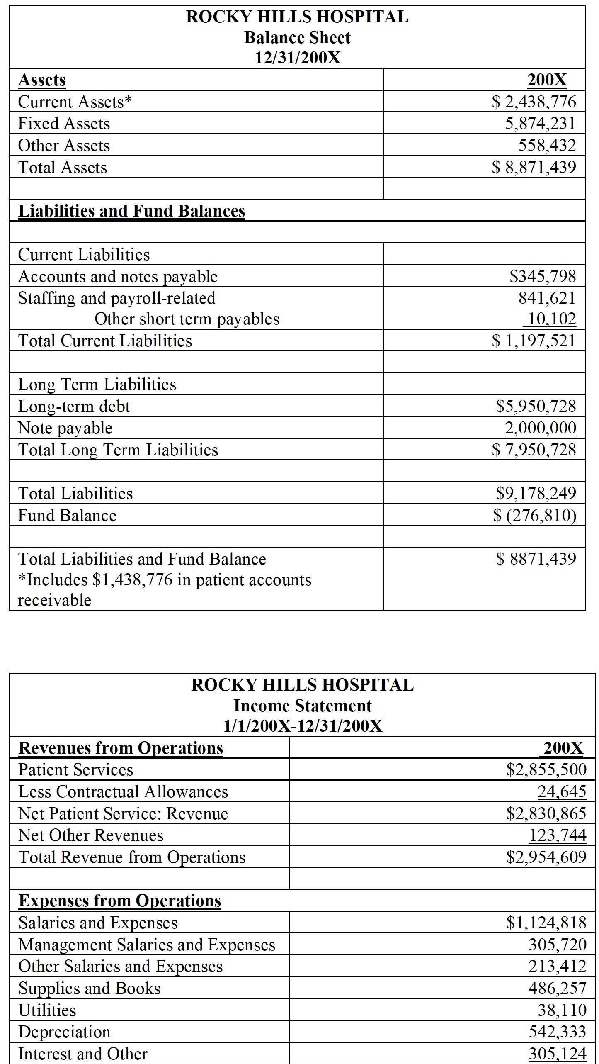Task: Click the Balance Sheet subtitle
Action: point(297,38)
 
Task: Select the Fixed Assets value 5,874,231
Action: point(540,123)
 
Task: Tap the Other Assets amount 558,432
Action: point(547,145)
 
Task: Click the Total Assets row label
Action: point(63,167)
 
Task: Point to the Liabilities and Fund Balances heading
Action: point(132,211)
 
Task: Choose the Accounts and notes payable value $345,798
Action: point(543,276)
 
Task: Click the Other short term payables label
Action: point(187,319)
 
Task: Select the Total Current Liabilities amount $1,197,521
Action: point(534,341)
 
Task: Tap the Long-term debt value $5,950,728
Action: point(536,406)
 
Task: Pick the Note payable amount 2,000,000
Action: point(541,428)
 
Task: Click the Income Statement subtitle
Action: point(303,706)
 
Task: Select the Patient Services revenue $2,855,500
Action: point(546,769)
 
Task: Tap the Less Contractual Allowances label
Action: point(123,791)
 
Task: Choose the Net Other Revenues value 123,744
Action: point(558,835)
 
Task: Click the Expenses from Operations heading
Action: point(120,901)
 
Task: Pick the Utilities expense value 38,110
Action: point(562,1010)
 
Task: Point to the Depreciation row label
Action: point(65,1032)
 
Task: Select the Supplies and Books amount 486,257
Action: point(557,988)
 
